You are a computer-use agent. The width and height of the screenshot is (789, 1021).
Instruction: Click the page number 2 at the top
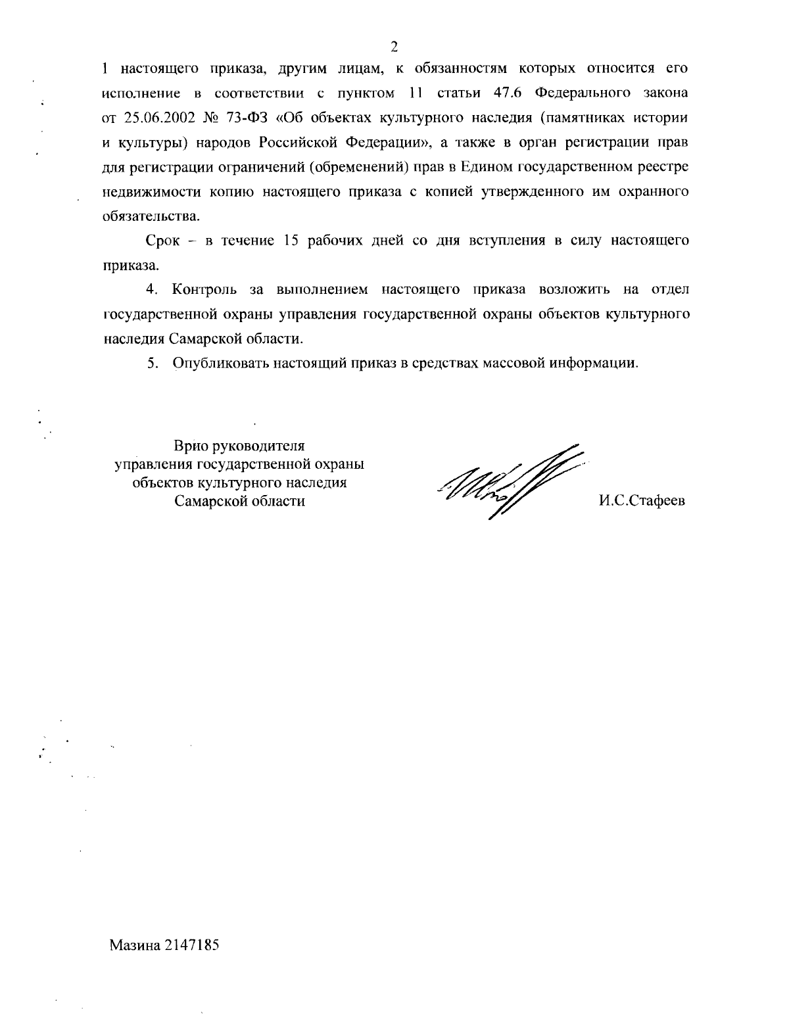click(394, 46)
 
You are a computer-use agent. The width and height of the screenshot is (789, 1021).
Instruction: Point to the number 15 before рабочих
click(292, 241)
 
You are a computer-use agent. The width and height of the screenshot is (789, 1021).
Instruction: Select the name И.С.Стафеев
click(642, 501)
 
